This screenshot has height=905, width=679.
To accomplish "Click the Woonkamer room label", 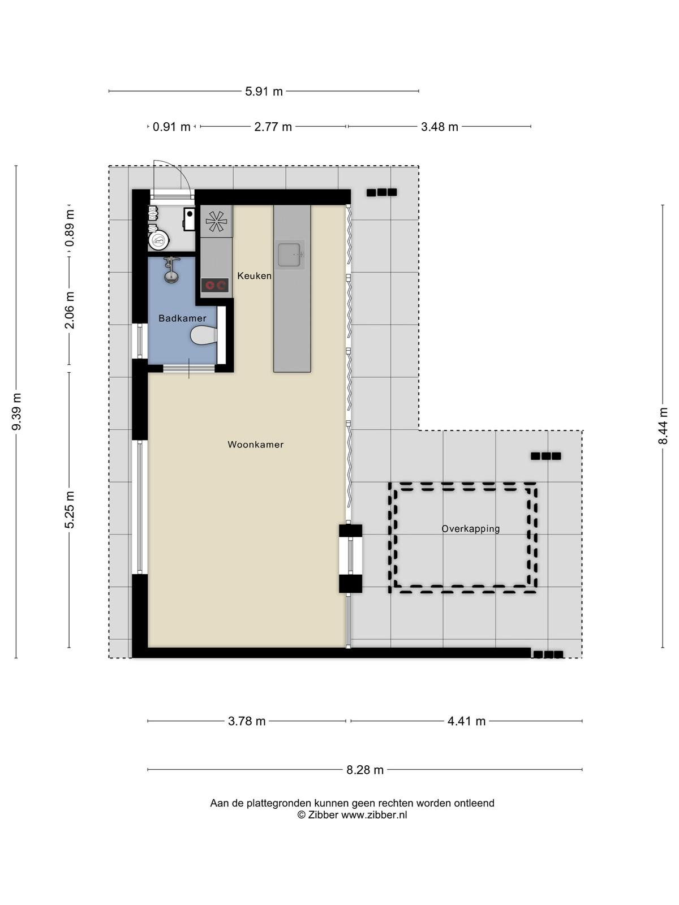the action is pos(255,445).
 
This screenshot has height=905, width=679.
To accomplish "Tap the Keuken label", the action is pos(254,276).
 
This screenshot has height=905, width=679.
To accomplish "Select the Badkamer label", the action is pos(182,318).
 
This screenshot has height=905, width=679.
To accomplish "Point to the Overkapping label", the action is pos(470,529).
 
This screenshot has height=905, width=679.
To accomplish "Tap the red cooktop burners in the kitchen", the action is pos(215,285).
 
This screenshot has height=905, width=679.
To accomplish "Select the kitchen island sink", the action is pos(289,255).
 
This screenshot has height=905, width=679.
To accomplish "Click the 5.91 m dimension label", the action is pos(264,91).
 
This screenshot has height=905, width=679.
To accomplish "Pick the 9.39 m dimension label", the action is pos(16,411).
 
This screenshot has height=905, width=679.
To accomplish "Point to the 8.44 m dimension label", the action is pos(663,426).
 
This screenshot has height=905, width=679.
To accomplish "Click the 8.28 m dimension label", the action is pos(365,770).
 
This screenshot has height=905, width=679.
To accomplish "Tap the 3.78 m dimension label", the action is pos(247,721).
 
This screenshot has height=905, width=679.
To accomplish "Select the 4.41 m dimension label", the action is pos(466,721).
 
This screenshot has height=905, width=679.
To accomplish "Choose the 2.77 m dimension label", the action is pos(273,127).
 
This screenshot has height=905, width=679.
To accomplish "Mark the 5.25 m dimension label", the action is pos(69,510).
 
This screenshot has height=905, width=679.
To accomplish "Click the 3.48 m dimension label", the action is pos(440,127).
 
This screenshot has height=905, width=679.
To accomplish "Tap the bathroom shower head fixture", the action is pos(171,270).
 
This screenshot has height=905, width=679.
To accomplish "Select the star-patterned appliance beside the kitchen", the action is pos(217,221).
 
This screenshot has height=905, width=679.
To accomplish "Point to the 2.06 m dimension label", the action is pos(69,310).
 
